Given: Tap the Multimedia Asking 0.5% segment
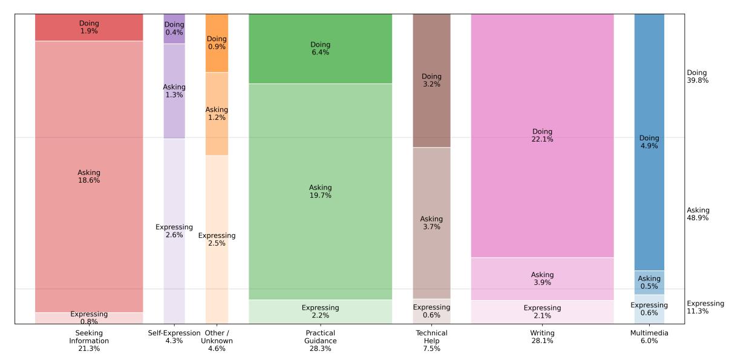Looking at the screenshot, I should pos(649,283).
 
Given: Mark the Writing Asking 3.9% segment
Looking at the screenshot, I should pos(542,278).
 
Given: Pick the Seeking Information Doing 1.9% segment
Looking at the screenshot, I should pos(89,27).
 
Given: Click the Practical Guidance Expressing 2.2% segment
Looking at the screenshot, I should pos(320,312).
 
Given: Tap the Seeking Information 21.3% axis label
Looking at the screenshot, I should pos(89,341).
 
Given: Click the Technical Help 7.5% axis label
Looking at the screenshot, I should pos(431,341).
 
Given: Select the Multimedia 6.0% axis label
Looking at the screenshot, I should pos(649,337).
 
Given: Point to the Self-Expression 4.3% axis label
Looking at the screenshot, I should pos(174,337).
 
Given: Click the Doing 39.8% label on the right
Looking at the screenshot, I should pos(698,77).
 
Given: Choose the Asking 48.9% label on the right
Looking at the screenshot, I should pos(698,214).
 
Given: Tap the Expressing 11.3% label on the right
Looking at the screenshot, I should pos(705,307).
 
